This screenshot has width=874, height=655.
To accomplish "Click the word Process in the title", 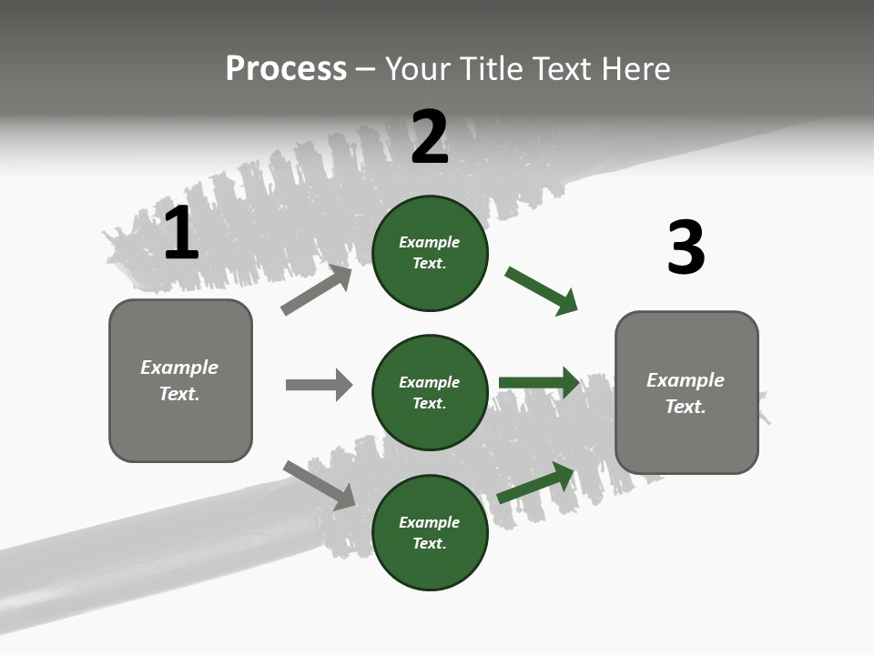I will [x=286, y=68].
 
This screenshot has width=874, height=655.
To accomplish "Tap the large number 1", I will [x=181, y=234].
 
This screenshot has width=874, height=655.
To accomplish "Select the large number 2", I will [x=430, y=137].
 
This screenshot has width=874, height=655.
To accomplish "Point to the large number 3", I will [x=686, y=248].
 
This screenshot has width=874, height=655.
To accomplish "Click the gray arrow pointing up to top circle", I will [x=317, y=290].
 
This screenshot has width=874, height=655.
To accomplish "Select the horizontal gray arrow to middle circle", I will [x=319, y=385].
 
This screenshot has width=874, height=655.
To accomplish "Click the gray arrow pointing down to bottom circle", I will [x=319, y=485].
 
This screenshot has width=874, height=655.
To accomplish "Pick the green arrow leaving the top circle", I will [x=541, y=291].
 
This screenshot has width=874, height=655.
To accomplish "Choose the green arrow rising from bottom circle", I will [x=535, y=483].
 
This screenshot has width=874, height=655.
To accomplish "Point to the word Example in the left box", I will [x=179, y=368].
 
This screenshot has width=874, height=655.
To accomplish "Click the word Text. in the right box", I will [x=686, y=407].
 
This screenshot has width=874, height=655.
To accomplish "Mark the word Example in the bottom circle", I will [x=430, y=522].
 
